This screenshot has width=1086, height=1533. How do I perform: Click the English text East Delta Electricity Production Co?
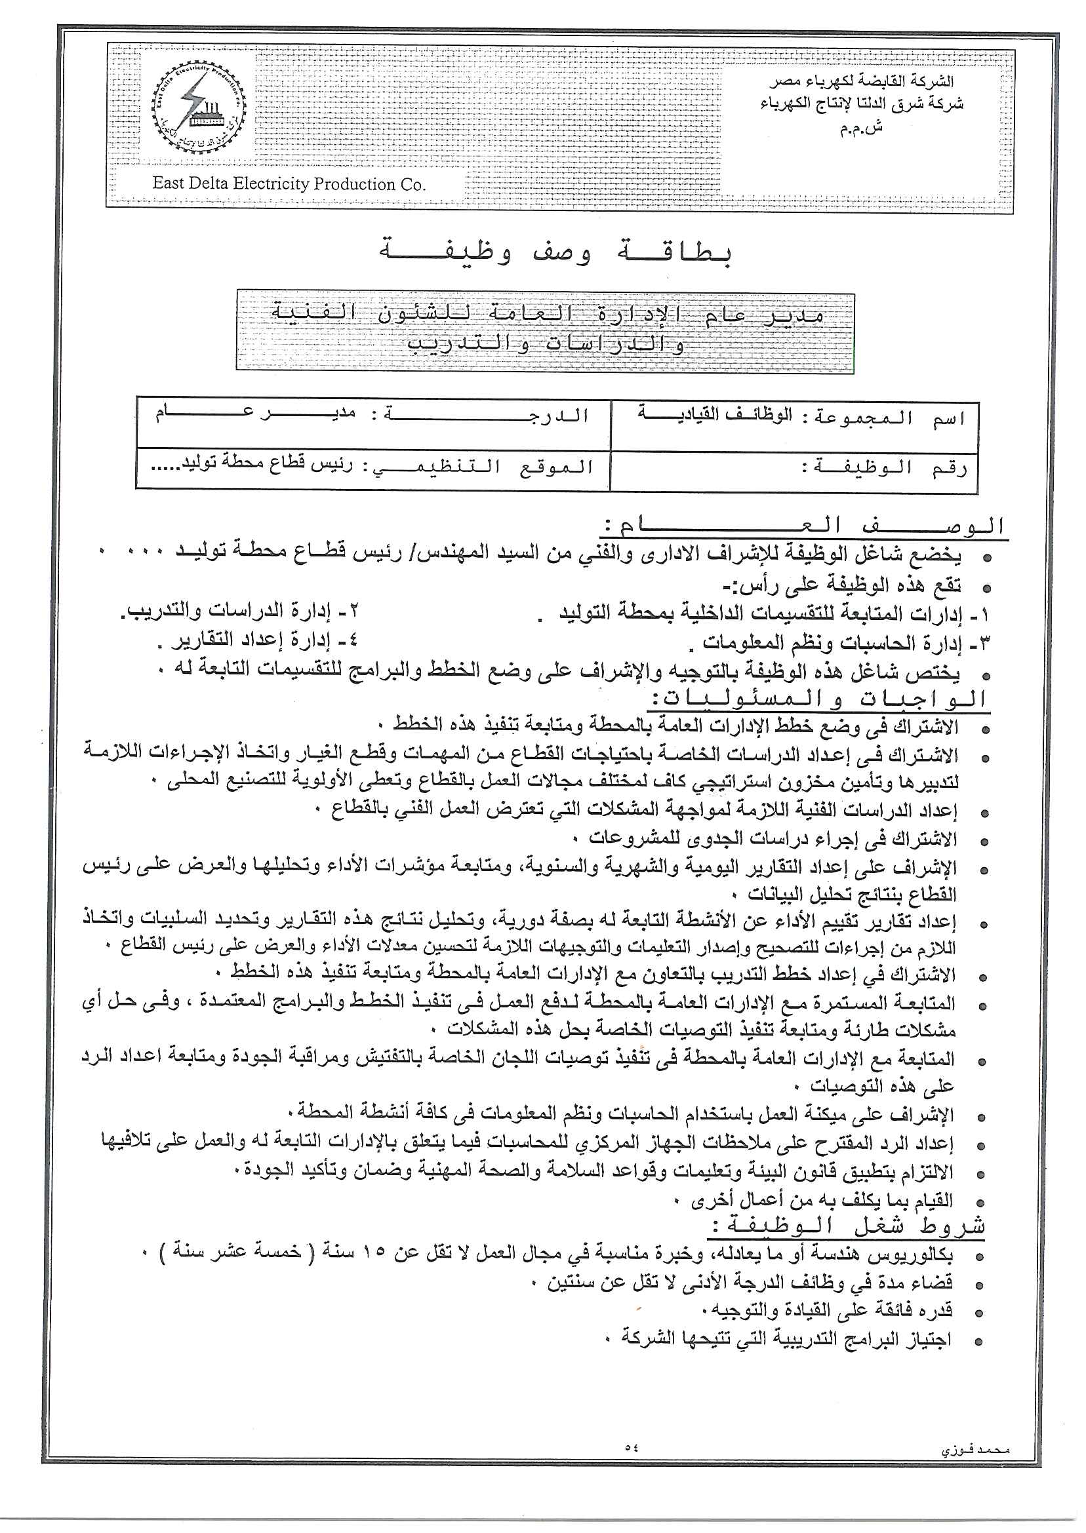pos(289,184)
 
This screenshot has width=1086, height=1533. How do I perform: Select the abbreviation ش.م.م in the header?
pos(861,128)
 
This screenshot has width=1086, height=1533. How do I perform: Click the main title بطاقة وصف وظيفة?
pos(555,252)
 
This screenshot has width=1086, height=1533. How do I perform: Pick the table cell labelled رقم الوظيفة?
pos(794,470)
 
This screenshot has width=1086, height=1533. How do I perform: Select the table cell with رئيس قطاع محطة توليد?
pos(372,468)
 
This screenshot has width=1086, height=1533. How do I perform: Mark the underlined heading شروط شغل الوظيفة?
pos(845,1226)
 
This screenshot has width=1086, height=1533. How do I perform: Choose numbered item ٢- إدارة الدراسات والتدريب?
pos(240,610)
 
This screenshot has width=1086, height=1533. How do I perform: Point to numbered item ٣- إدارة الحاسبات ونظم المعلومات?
pos(839,643)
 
